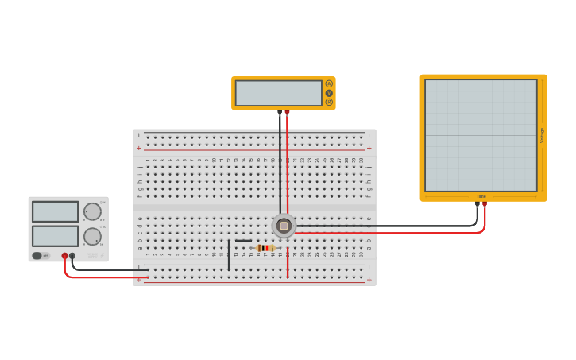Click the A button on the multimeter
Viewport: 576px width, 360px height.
(x=329, y=83)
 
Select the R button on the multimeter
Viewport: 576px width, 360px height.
(x=329, y=102)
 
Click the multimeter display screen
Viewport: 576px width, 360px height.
(x=278, y=93)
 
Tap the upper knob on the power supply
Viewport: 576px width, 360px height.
(x=92, y=211)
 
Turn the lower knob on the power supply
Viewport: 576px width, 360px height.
(x=92, y=236)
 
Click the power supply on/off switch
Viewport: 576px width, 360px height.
(x=37, y=255)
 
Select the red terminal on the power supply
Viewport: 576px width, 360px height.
(x=65, y=256)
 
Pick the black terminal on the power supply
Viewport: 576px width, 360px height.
(x=72, y=256)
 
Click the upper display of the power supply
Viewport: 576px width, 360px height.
(x=55, y=211)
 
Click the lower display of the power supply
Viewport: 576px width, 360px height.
(x=55, y=236)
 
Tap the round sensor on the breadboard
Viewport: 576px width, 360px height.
(x=284, y=226)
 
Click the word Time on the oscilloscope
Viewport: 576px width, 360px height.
(x=481, y=196)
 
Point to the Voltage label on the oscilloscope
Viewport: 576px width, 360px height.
(x=542, y=135)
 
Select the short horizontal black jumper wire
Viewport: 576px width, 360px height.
(x=243, y=240)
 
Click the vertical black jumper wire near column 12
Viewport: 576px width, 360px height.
(x=229, y=254)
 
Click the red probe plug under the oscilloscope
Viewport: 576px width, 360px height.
(x=485, y=204)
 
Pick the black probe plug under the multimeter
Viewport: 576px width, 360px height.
(x=280, y=113)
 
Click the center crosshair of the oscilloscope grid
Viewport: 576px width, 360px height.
(x=481, y=135)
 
